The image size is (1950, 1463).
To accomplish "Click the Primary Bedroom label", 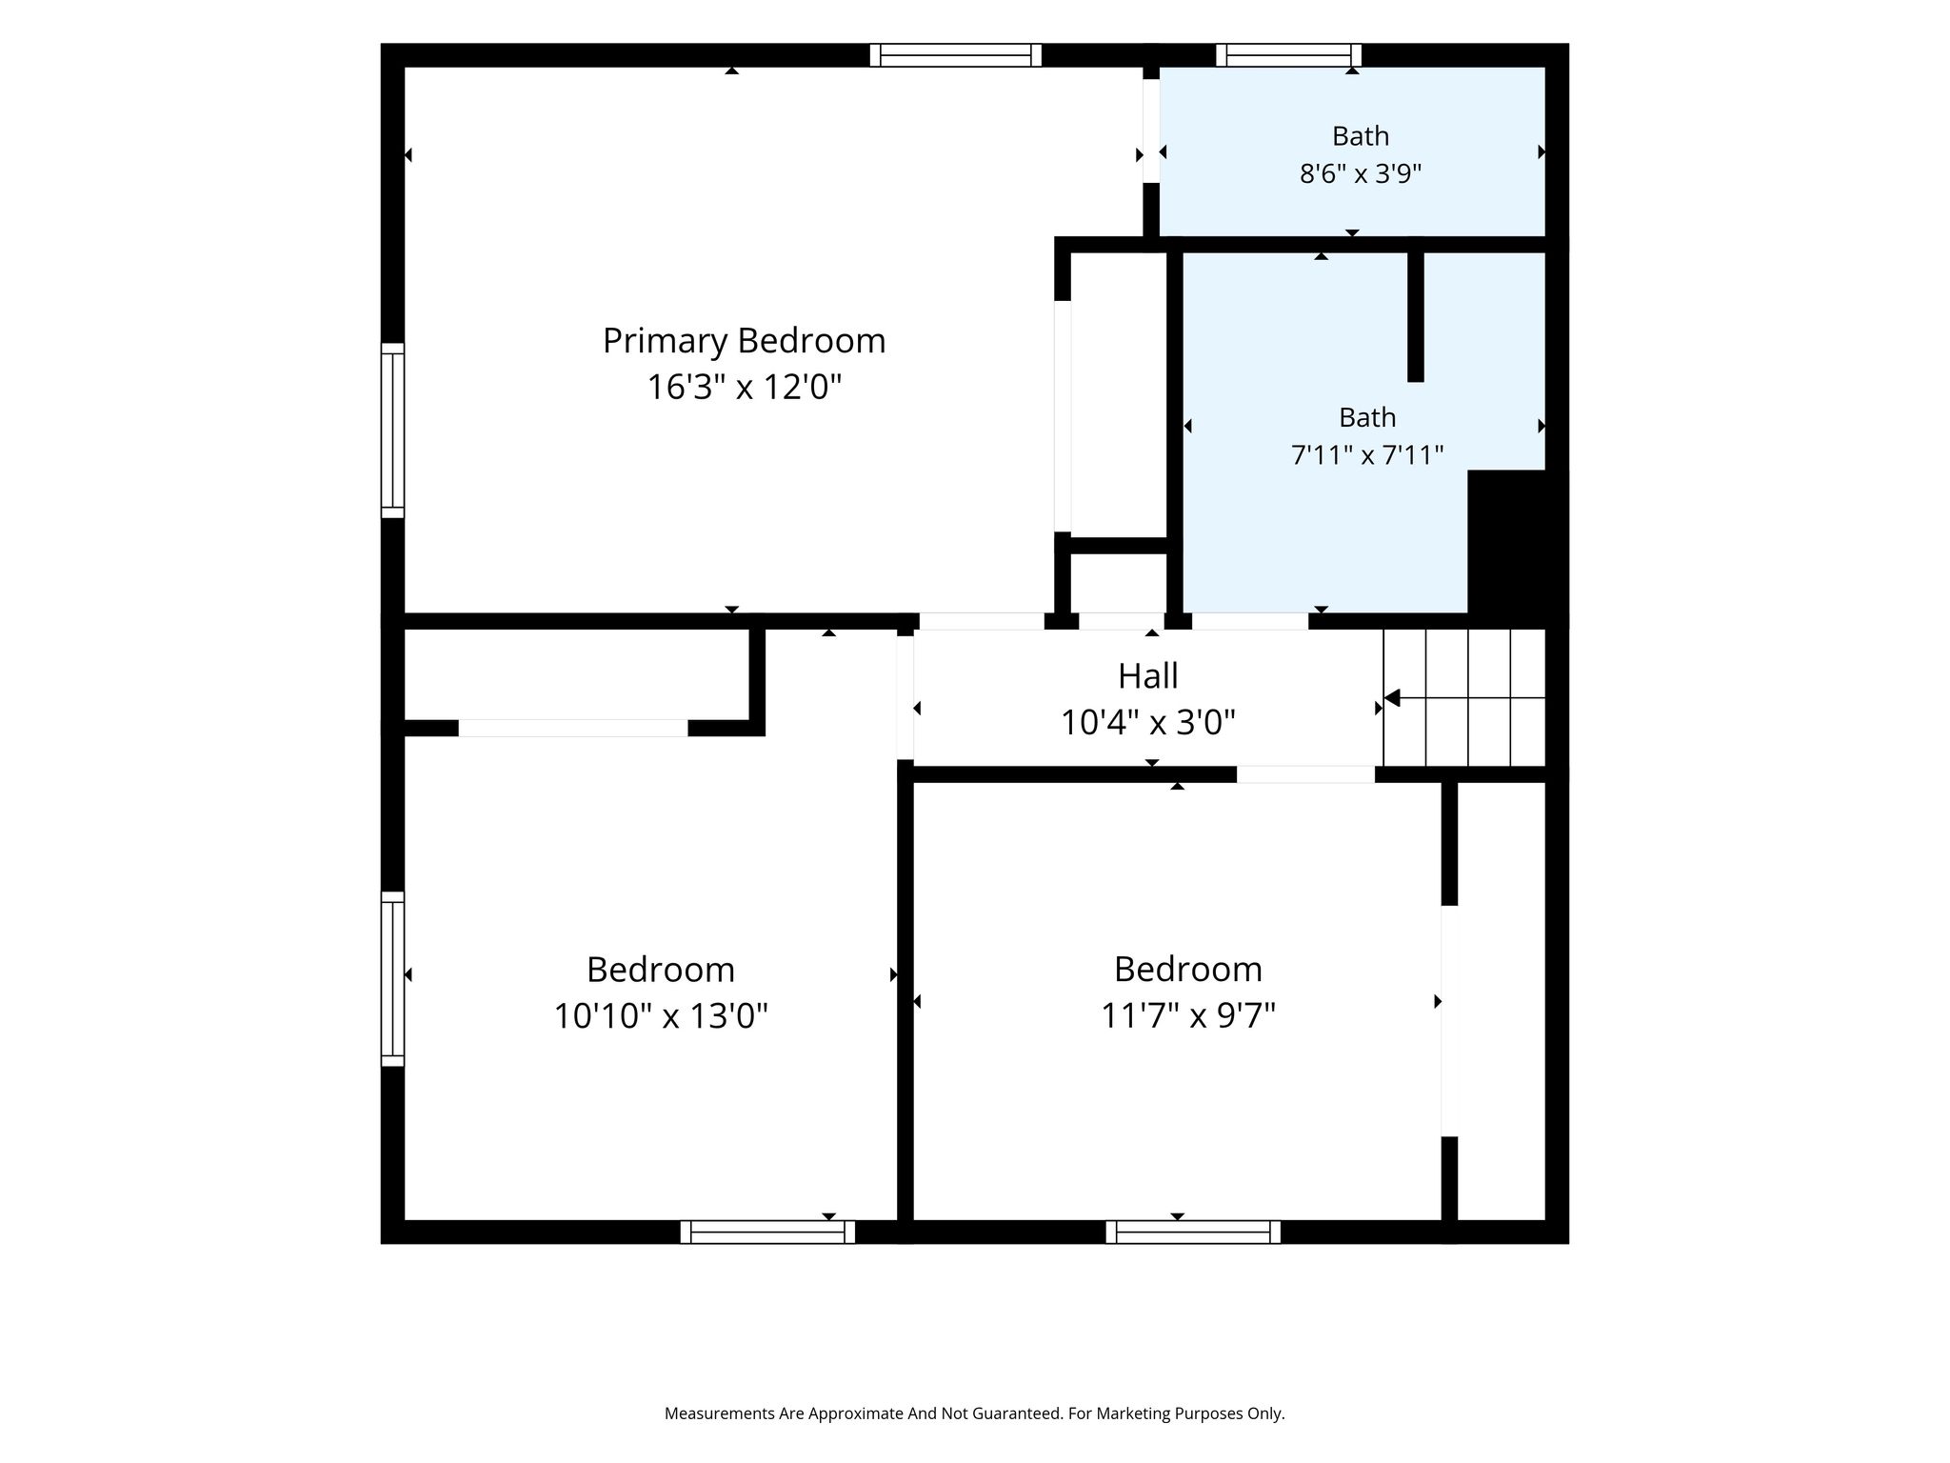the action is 744,341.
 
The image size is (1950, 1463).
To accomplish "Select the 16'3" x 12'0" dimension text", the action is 745,387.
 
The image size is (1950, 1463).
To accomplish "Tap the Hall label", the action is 1147,675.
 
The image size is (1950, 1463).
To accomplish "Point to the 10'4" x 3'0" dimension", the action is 1148,722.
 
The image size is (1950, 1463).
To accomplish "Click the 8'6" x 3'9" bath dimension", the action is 1361,173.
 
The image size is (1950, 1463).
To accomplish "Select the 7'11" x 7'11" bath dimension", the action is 1367,454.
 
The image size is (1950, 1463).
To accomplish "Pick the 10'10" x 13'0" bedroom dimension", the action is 661,1015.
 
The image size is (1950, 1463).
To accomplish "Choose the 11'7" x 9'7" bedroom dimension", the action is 1188,1015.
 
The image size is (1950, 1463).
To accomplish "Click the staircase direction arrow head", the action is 1391,698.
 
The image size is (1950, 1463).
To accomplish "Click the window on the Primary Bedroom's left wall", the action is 392,431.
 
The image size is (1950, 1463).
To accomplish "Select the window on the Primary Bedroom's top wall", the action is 955,55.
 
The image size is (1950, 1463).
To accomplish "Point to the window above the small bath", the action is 1288,55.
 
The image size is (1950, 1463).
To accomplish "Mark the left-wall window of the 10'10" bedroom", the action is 392,979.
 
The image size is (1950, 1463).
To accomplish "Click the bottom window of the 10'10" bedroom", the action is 767,1233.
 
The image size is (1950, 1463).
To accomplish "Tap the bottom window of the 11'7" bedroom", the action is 1193,1233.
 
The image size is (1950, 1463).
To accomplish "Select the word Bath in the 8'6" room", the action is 1361,136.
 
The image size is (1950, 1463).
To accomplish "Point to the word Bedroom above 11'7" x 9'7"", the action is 1188,969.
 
